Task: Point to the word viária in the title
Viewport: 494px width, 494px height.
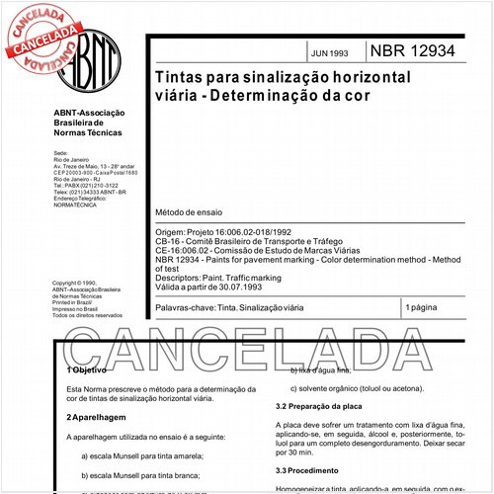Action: coord(178,97)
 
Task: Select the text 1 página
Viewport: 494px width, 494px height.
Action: coord(427,309)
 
